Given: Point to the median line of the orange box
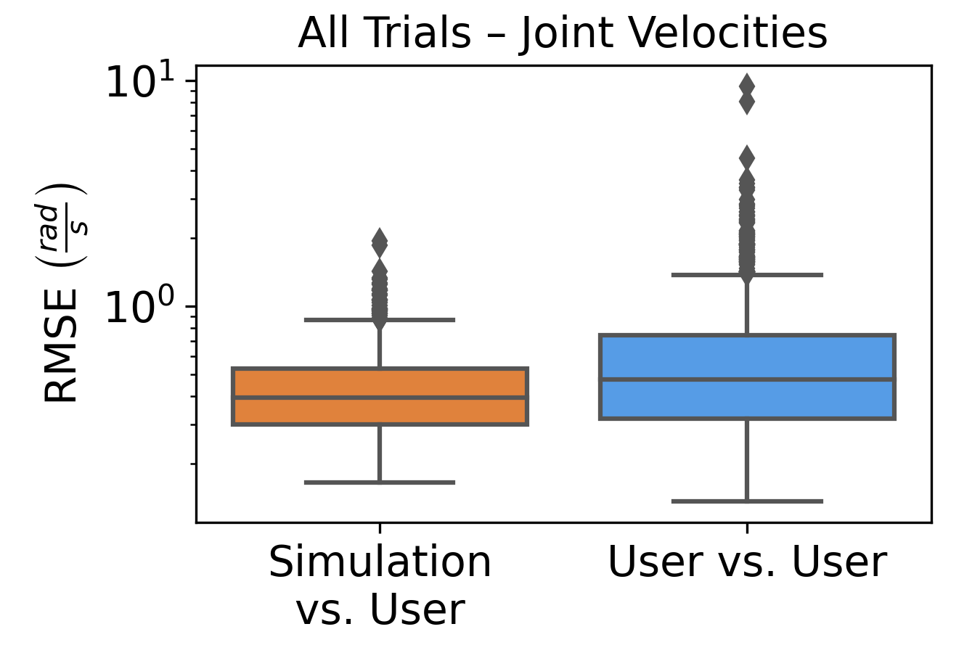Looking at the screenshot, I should [x=380, y=398].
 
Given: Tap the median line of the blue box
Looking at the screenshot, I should [x=747, y=379].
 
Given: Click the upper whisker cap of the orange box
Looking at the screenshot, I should [x=380, y=319].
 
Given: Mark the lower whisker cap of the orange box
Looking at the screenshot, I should [x=380, y=482].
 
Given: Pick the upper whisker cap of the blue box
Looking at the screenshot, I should [x=747, y=275].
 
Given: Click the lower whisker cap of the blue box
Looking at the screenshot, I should [x=747, y=501].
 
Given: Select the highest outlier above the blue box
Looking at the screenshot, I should [x=747, y=86].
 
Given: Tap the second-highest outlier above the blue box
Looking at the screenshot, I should [x=747, y=103].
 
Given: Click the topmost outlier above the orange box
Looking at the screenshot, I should [x=380, y=242].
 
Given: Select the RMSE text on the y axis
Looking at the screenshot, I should [x=61, y=345].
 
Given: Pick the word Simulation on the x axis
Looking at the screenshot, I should [x=380, y=562].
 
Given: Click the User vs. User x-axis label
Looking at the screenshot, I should [x=747, y=562].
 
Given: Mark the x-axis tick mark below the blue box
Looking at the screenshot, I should [x=747, y=527].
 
